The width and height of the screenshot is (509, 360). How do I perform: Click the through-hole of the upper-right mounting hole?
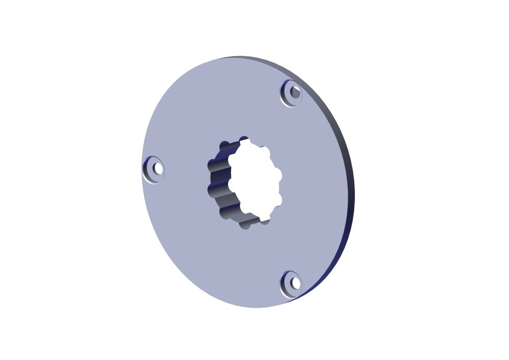point(295,92)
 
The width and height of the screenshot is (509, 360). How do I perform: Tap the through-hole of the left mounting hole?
point(158,168)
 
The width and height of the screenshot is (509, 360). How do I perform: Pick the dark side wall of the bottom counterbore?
point(285,287)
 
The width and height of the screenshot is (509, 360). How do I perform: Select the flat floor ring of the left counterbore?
point(153,175)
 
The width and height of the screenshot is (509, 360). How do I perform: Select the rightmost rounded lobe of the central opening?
point(278,175)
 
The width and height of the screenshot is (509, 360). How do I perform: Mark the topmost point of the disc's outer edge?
point(239,57)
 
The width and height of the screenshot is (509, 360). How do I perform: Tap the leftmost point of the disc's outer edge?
point(142,168)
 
